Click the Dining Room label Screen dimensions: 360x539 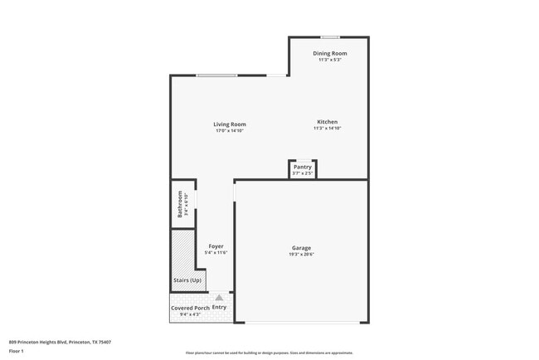tap(329, 54)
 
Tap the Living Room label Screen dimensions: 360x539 tap(230, 124)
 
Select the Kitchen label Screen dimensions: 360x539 tap(327, 122)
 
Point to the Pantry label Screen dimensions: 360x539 tap(302, 167)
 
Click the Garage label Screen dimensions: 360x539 tap(301, 248)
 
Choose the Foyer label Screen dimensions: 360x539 tap(216, 246)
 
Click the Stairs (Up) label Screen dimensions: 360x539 tap(187, 280)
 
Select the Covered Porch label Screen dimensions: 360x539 tap(190, 308)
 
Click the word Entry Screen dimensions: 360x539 tap(220, 307)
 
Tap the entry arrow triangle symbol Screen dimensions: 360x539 tap(219, 296)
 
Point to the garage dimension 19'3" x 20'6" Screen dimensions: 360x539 tap(301, 254)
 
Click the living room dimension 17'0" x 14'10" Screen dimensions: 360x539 tap(230, 130)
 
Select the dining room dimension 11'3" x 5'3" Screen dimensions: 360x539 tap(329, 60)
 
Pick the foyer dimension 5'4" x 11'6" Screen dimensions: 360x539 tap(216, 252)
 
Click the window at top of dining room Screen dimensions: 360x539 tap(330, 36)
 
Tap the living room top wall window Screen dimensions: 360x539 tap(217, 76)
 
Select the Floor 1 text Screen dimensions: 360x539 tap(17, 351)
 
